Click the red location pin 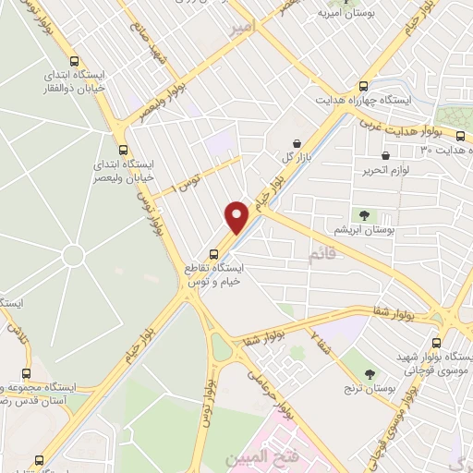point(237,217)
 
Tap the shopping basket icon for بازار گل point(296,143)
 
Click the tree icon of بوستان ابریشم point(366,215)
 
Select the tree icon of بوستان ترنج point(370,373)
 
